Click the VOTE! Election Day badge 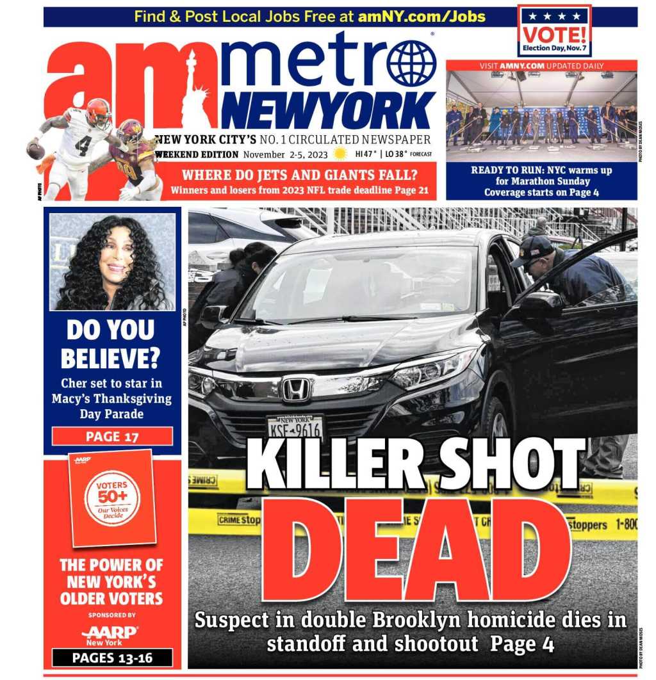click(x=554, y=31)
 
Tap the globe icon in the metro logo click(x=411, y=63)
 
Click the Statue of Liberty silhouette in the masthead click(x=193, y=90)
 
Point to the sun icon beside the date click(x=340, y=154)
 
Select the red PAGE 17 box click(x=112, y=437)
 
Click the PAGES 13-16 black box click(x=112, y=658)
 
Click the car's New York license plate click(x=295, y=426)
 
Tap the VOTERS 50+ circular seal click(x=113, y=498)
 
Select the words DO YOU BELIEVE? click(x=112, y=343)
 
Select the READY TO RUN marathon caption click(x=541, y=181)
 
